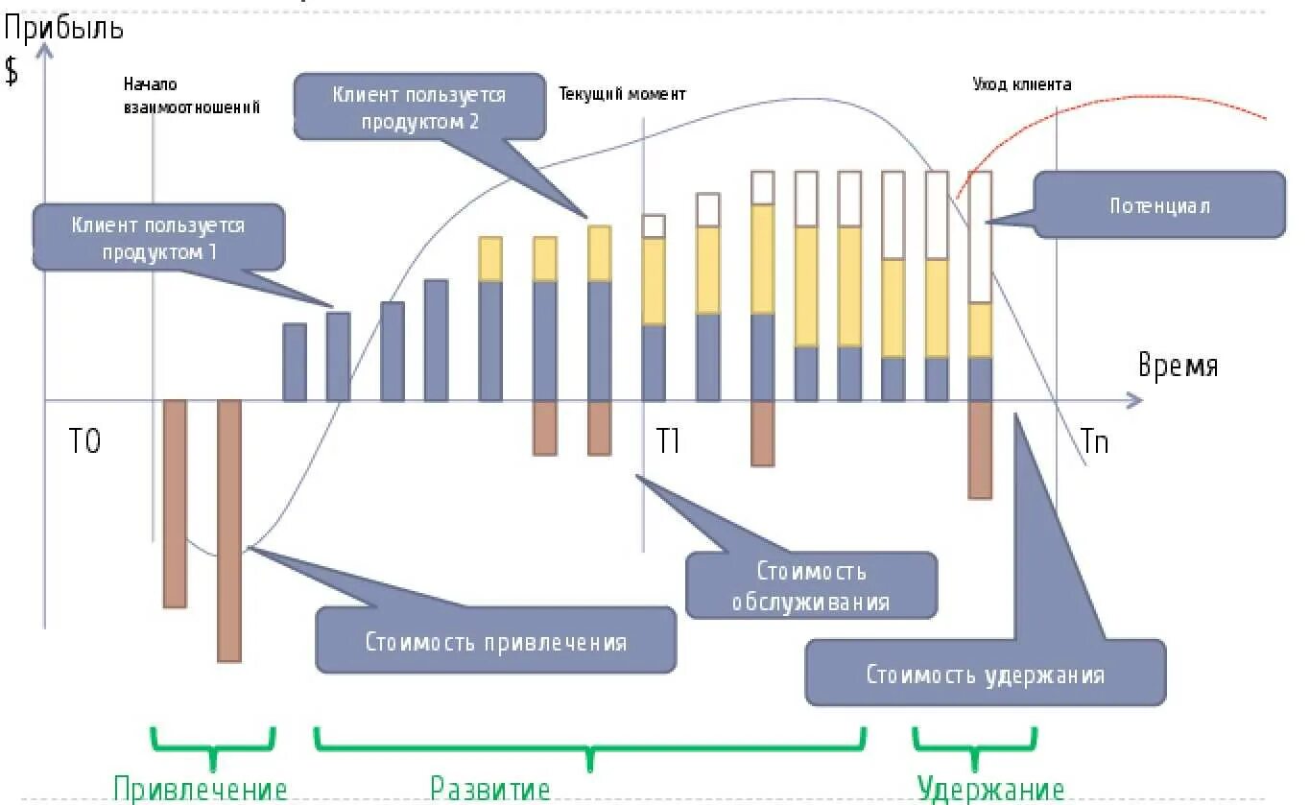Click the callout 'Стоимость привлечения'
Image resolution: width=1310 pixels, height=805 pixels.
495,640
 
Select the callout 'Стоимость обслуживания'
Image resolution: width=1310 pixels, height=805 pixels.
811,585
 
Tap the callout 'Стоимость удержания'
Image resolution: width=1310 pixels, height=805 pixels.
985,674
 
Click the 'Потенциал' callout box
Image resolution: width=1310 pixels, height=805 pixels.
1159,205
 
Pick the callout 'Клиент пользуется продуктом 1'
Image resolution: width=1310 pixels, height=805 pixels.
158,237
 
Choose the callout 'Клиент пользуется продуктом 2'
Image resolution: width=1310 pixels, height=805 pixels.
419,107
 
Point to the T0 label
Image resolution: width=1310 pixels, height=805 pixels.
84,443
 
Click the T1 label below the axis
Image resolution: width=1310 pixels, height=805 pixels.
668,441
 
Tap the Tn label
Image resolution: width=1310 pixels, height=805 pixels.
1094,443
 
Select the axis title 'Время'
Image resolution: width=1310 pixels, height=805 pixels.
1178,366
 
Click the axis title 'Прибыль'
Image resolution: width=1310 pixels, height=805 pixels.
63,28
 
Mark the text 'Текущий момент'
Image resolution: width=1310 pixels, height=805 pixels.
622,93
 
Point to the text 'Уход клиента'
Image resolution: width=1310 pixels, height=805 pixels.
1021,83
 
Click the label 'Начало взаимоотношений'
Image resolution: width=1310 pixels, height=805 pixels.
192,96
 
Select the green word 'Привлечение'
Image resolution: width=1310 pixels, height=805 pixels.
200,790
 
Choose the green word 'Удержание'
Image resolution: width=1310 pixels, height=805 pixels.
990,790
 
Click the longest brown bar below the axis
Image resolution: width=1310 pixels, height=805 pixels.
229,530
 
